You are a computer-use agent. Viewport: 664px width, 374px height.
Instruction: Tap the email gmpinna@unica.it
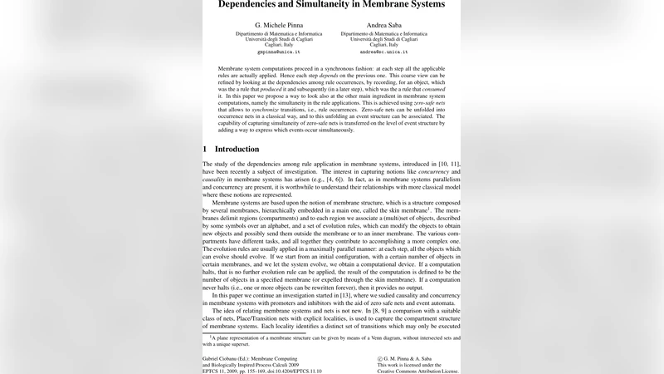coord(273,52)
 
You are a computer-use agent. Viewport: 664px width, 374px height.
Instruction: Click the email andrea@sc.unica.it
coord(383,52)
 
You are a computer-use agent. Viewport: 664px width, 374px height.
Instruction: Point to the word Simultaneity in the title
coord(320,4)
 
